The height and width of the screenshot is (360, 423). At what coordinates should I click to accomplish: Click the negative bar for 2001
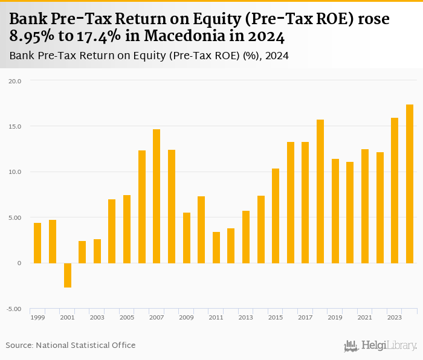coord(67,275)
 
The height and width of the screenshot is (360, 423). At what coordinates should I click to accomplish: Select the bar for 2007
coord(157,196)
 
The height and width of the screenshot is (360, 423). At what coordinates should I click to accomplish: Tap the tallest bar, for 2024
coord(410,184)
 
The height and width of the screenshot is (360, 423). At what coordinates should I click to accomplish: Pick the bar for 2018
coord(320,191)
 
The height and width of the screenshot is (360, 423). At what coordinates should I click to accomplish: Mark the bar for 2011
coord(216,247)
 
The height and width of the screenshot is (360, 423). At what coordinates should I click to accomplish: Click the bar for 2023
coord(395,190)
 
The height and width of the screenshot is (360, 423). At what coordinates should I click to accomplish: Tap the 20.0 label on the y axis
coord(15,81)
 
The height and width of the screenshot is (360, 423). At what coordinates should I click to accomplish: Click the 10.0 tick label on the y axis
coord(15,172)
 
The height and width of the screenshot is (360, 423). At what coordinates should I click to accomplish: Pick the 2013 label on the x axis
coord(246,317)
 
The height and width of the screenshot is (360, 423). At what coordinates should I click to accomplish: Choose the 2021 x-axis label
coord(365,317)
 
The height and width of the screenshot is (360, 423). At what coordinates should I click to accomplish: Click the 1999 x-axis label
coord(37,317)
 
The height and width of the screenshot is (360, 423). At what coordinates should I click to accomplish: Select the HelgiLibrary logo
coord(380,346)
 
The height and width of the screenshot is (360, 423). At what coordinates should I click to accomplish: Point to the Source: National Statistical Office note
coord(71,345)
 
